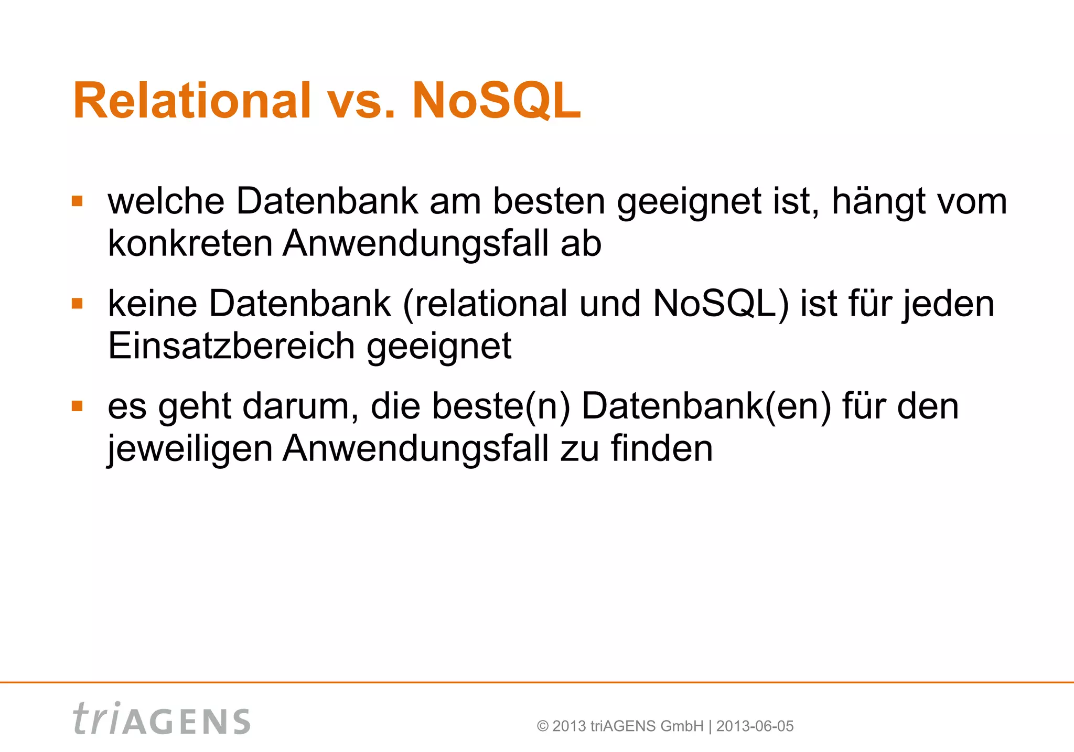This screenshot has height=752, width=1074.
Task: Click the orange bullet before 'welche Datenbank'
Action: click(x=78, y=201)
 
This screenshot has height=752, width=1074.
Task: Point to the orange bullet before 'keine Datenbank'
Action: click(x=78, y=304)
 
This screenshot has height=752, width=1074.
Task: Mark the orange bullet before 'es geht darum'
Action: click(x=78, y=406)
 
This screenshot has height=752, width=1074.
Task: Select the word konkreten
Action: click(x=190, y=243)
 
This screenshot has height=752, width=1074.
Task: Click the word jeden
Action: click(x=948, y=304)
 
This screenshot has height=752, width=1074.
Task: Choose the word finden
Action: click(x=662, y=449)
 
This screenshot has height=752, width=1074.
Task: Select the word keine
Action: click(x=153, y=304)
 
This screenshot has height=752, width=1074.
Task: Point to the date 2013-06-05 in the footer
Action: click(x=755, y=726)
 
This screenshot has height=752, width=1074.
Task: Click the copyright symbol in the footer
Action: click(x=543, y=726)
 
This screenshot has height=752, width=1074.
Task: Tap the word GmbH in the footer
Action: click(x=682, y=726)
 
